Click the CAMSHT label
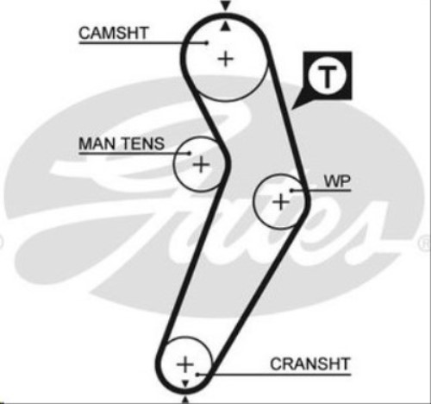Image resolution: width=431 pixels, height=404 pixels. click(114, 33)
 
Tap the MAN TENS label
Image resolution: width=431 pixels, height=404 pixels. click(122, 143)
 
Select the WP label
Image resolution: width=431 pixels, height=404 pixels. click(337, 181)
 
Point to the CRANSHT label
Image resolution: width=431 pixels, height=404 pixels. click(310, 363)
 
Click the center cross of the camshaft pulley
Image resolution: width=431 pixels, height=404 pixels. click(226, 59)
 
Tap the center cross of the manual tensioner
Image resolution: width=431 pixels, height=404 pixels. click(201, 165)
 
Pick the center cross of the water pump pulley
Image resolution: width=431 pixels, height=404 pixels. click(281, 201)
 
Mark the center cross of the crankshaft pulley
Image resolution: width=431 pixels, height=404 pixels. click(185, 364)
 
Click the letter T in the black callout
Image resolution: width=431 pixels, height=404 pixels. click(327, 77)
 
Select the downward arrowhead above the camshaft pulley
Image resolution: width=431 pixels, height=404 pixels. click(226, 5)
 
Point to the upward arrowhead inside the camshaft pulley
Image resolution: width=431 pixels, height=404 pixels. click(226, 26)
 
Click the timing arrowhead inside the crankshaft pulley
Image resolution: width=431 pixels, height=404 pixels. click(185, 383)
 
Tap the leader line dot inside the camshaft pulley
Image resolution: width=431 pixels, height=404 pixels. click(207, 43)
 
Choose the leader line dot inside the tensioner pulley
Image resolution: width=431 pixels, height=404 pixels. click(189, 153)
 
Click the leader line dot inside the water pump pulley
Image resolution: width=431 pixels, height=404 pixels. click(291, 190)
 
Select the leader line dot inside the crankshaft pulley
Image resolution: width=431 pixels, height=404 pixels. click(197, 375)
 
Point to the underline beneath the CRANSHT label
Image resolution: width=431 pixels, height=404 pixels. click(274, 375)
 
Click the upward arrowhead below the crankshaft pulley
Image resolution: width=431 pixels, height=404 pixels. click(185, 401)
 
